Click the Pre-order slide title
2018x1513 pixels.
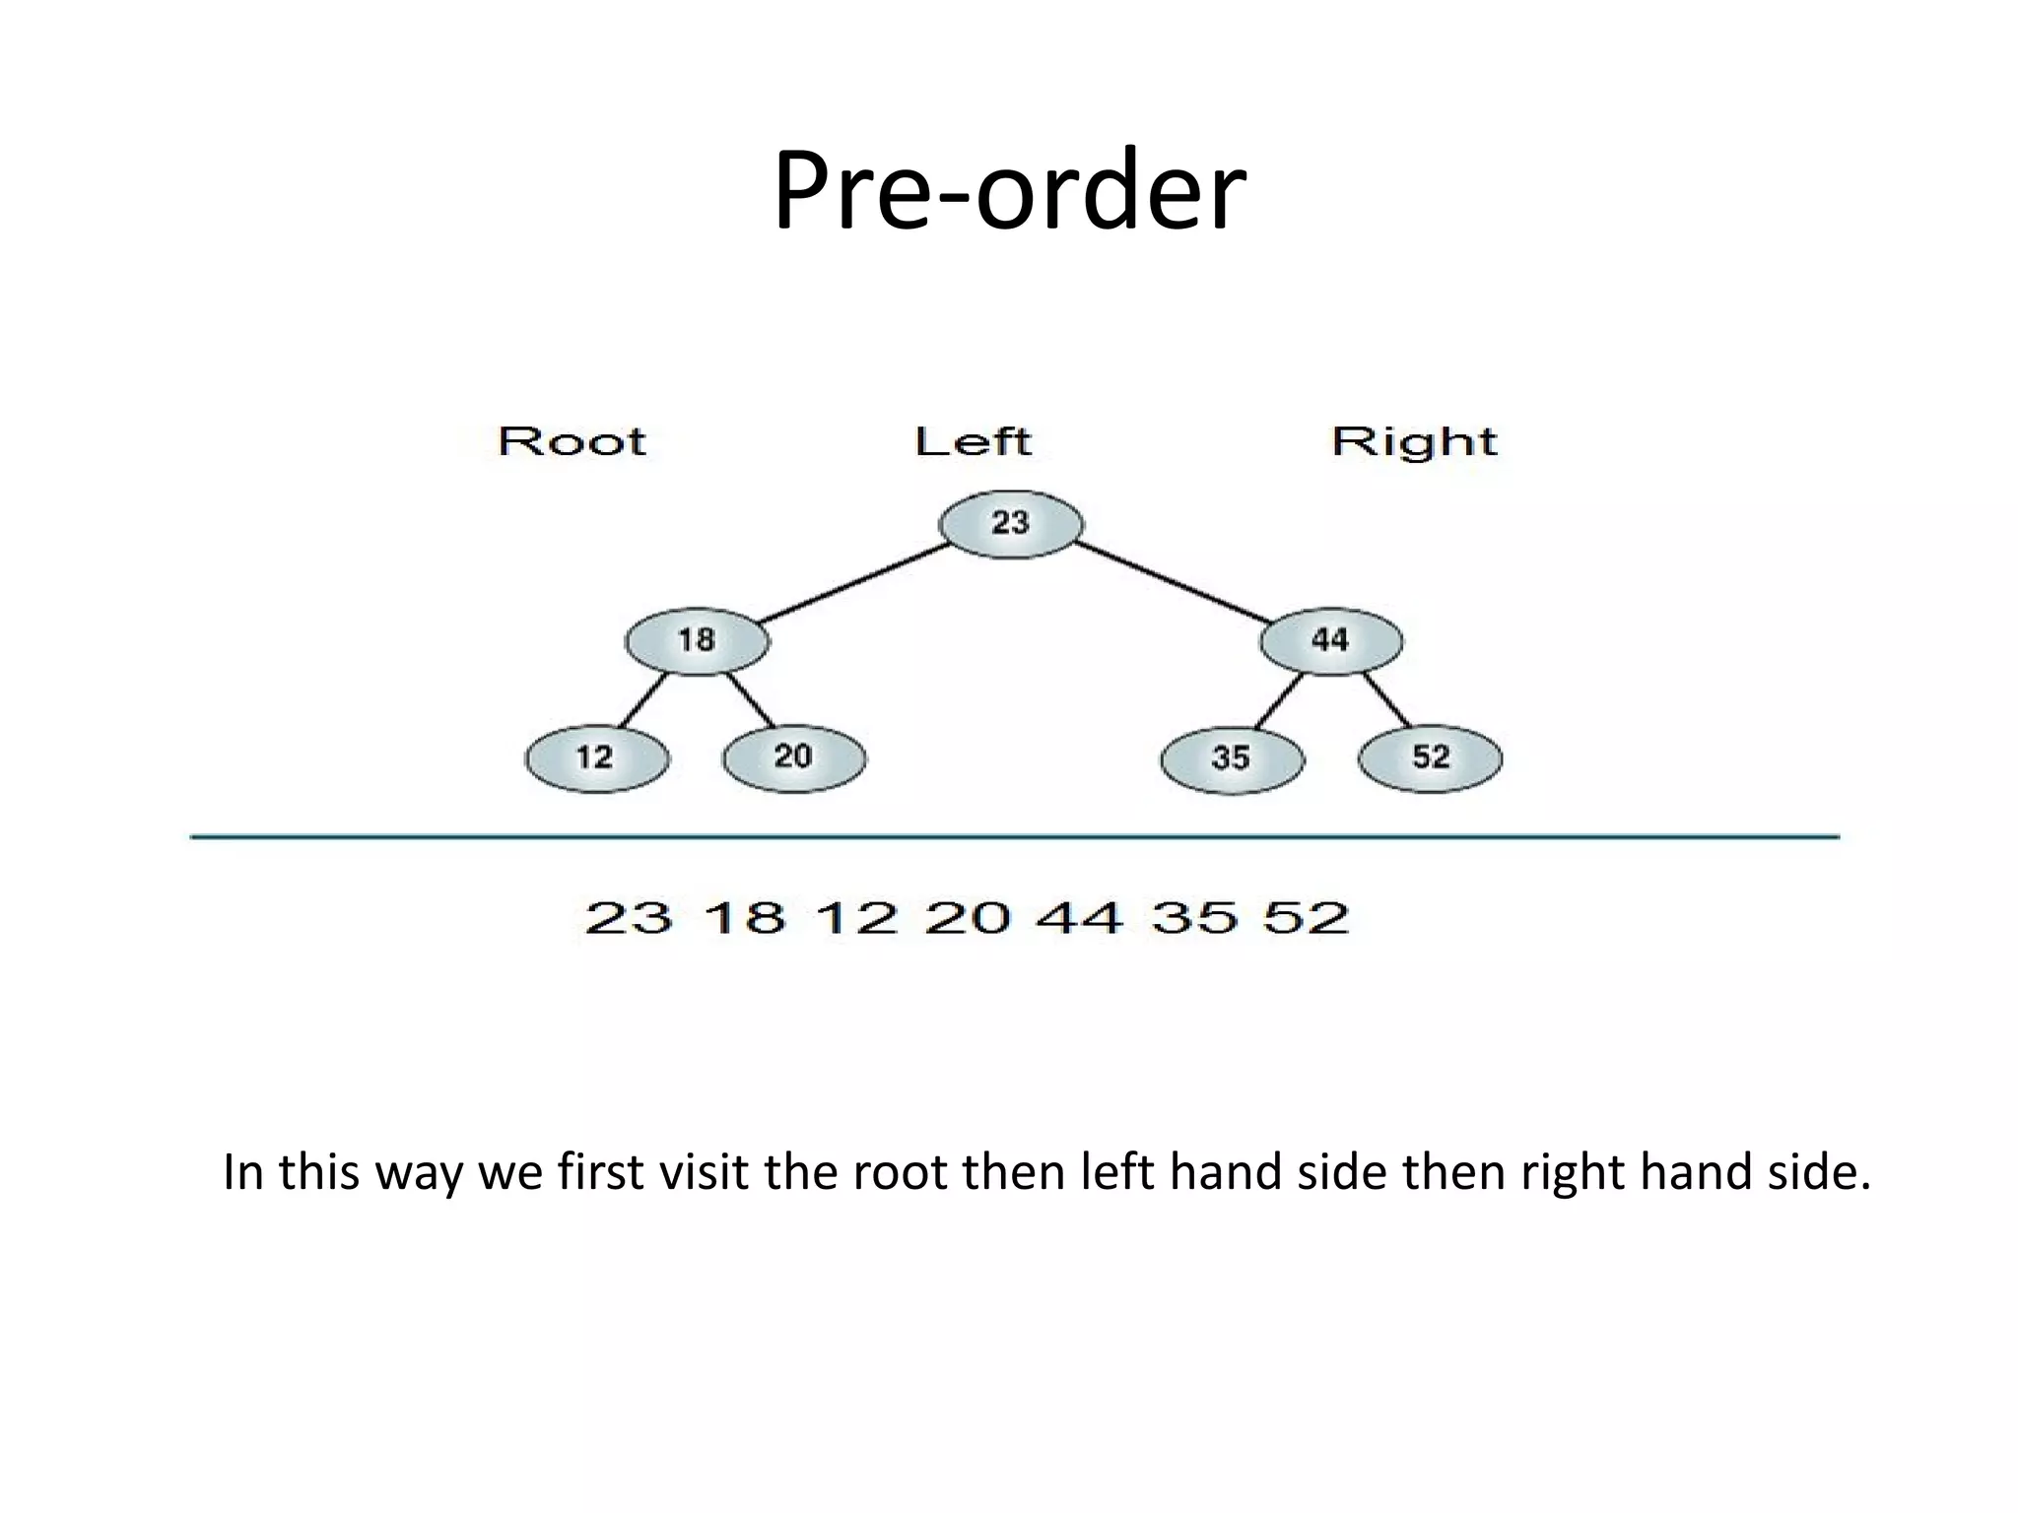[1009, 189]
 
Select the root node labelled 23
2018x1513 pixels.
[1011, 524]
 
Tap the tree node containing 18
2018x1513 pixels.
[697, 641]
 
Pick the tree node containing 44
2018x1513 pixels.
[1331, 641]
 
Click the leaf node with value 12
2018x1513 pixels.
[596, 758]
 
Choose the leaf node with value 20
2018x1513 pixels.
[794, 757]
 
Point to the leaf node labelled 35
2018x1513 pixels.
[1232, 759]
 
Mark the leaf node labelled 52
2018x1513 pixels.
[1431, 758]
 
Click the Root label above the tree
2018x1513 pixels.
[572, 441]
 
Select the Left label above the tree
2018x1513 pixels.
[973, 441]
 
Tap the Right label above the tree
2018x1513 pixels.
[1414, 442]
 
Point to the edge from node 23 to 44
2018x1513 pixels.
[1173, 581]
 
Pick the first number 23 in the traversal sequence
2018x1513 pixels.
[629, 918]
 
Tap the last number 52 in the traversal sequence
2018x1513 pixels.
[1306, 918]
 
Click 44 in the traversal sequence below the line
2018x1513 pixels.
[1080, 918]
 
